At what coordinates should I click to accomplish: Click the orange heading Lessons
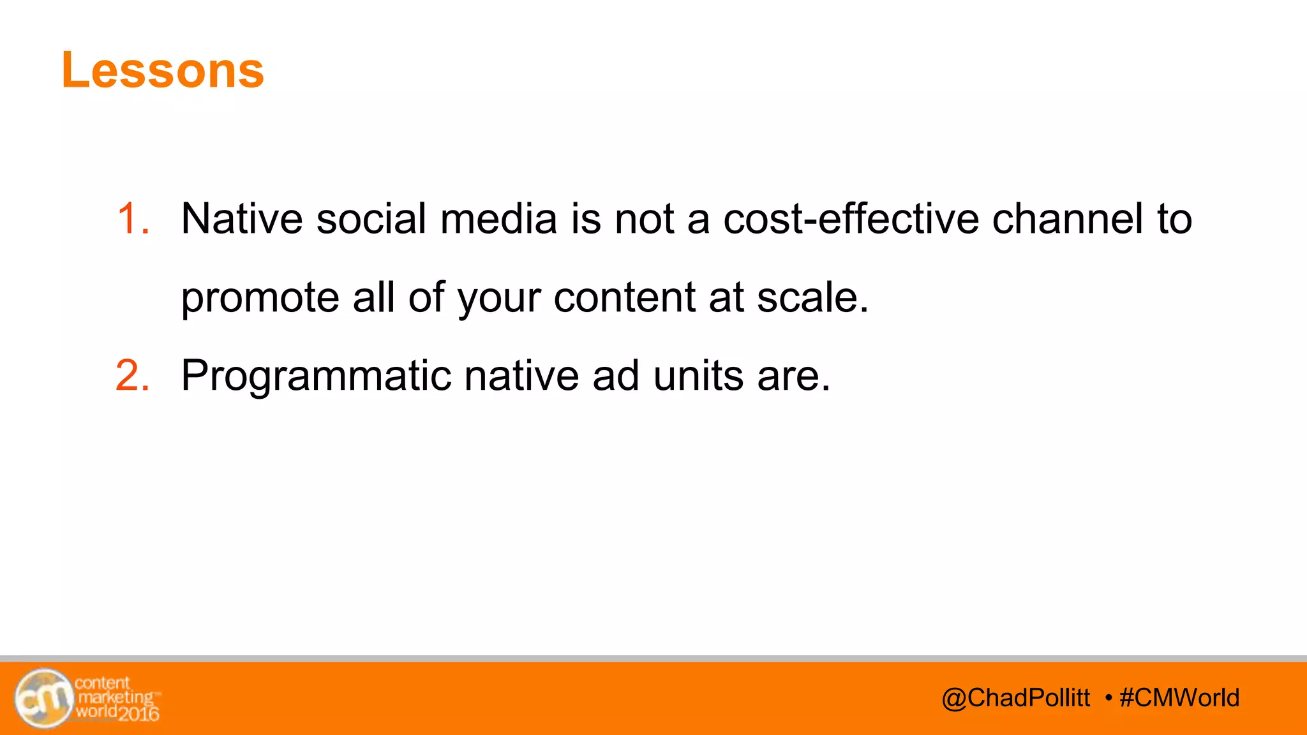click(163, 70)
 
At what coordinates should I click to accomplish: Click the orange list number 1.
click(133, 219)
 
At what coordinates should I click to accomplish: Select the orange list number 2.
click(133, 375)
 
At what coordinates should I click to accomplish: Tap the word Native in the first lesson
click(242, 219)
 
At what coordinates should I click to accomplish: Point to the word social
click(371, 219)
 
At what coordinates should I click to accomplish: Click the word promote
click(260, 298)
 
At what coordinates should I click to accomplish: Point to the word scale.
click(812, 298)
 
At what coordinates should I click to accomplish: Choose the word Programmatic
click(316, 375)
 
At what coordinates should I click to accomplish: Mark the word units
click(698, 375)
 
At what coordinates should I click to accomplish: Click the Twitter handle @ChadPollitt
click(1015, 698)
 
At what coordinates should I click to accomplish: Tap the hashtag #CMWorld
click(1179, 698)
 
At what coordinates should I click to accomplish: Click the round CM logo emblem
click(43, 698)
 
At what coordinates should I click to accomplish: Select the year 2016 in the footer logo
click(138, 713)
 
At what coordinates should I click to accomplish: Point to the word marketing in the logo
click(116, 697)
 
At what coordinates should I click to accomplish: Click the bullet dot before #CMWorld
click(1109, 697)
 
